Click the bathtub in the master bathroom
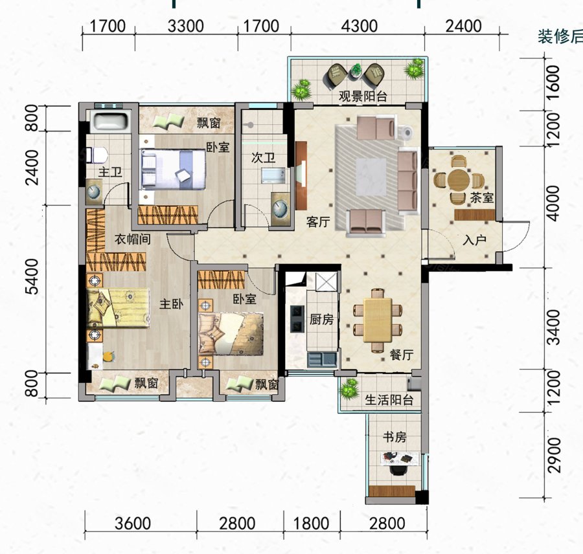click(x=109, y=121)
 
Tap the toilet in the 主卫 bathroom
click(x=97, y=155)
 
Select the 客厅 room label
click(x=318, y=222)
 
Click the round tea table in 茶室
click(x=459, y=180)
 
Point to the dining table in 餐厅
click(x=378, y=320)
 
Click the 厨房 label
click(x=321, y=319)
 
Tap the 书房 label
click(x=394, y=437)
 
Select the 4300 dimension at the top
click(x=359, y=27)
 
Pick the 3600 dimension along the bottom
click(x=133, y=524)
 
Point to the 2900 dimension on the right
click(x=554, y=455)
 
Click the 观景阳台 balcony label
click(x=363, y=96)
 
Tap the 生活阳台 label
click(x=389, y=400)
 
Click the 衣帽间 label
click(x=132, y=239)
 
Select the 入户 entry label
click(x=474, y=240)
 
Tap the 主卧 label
click(x=172, y=304)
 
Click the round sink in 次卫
click(x=280, y=209)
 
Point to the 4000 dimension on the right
click(x=554, y=203)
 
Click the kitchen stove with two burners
click(x=297, y=319)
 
